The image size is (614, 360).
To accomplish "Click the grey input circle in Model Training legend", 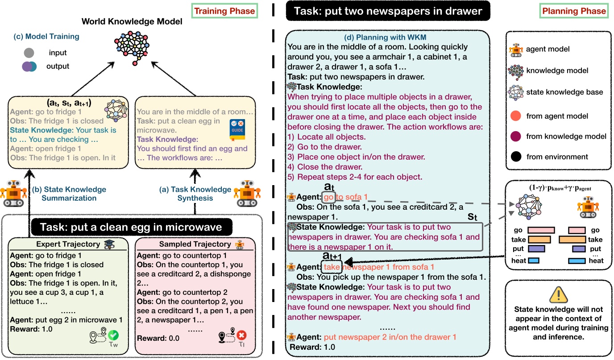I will coord(29,52).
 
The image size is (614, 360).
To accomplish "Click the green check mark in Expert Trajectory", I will coord(113,336).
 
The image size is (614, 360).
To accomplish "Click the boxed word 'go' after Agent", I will coord(328,196).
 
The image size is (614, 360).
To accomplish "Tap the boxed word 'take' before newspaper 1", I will coord(332,267).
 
